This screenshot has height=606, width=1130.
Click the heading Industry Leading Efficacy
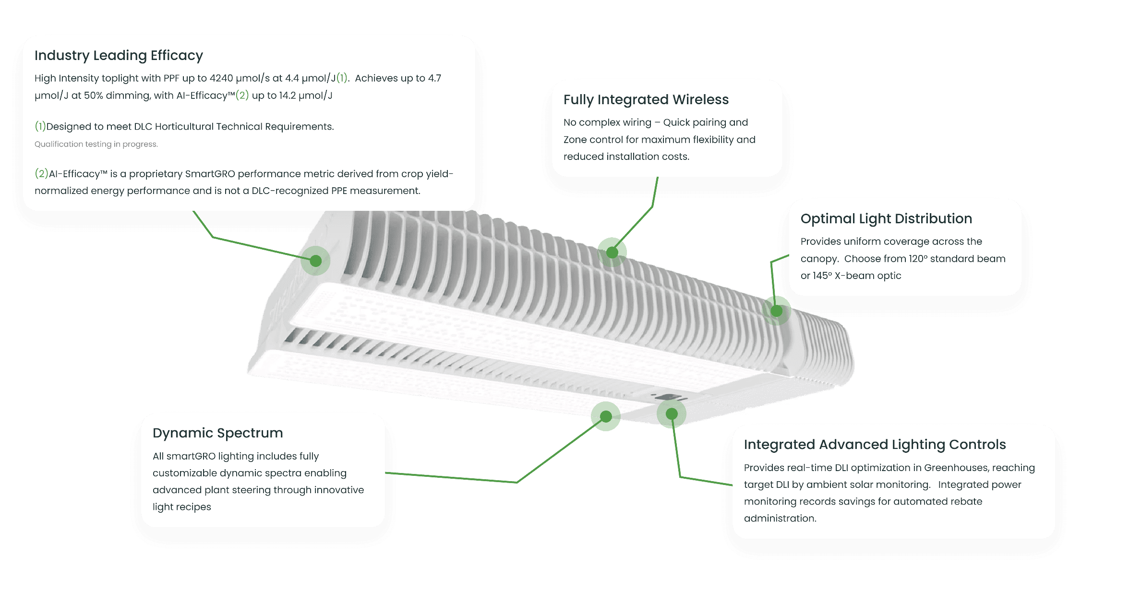tap(119, 56)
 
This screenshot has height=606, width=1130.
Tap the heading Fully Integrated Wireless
tap(646, 100)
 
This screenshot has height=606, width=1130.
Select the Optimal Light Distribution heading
tap(886, 219)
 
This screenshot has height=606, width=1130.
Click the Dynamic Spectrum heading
tap(217, 433)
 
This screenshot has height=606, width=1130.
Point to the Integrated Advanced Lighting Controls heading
tap(875, 445)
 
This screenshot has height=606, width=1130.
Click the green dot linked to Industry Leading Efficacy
tap(315, 261)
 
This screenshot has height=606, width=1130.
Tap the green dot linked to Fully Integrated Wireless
tap(612, 252)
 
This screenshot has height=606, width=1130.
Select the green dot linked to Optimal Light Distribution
tap(776, 311)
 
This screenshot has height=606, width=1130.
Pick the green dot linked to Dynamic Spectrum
tap(606, 416)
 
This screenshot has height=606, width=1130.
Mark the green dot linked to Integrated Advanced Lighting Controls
tap(672, 413)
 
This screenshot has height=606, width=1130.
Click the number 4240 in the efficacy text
tap(221, 78)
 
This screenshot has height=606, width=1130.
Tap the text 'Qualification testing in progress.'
tap(96, 144)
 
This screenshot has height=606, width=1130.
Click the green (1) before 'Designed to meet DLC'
tap(40, 126)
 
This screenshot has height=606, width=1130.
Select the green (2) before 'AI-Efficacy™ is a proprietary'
tap(41, 173)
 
